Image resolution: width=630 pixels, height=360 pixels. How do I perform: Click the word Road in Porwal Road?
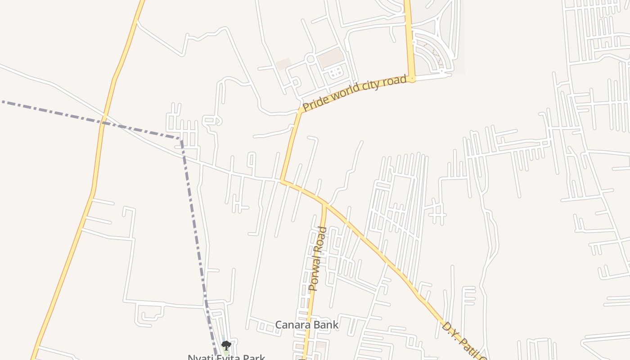[321, 237]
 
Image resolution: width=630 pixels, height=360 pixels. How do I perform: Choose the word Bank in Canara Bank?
[327, 325]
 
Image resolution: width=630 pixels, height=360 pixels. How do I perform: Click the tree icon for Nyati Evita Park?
[226, 346]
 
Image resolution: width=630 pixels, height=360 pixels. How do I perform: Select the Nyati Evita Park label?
[226, 357]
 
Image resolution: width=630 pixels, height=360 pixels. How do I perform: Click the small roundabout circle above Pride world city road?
[310, 59]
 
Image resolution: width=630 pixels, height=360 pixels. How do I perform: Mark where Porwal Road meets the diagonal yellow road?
[324, 204]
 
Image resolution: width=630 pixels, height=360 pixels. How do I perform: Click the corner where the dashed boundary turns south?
[181, 139]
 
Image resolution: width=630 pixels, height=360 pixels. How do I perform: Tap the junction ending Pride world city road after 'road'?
[412, 79]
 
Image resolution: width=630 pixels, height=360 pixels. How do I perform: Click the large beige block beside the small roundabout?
[330, 58]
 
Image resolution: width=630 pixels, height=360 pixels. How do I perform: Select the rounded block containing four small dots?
[335, 72]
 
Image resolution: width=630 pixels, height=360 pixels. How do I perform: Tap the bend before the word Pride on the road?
[300, 110]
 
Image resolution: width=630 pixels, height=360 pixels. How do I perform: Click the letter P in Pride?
[306, 107]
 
